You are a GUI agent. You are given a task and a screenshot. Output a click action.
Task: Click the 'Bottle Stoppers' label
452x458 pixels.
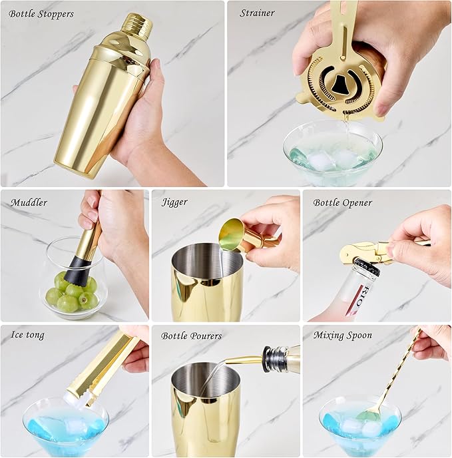click(x=42, y=13)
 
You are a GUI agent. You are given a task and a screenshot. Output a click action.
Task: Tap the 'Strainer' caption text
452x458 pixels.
click(x=258, y=13)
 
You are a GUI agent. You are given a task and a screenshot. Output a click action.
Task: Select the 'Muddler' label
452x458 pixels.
click(x=29, y=202)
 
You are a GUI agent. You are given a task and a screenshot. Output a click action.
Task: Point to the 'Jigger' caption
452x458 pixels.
click(x=174, y=202)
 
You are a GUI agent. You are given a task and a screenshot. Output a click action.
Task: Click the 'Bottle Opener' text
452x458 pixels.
click(x=343, y=202)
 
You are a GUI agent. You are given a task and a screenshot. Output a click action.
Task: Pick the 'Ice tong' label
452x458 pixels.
click(x=28, y=335)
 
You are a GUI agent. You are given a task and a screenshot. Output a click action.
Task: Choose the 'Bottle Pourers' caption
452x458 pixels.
click(x=192, y=336)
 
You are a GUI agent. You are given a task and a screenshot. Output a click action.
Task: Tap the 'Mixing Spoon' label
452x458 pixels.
click(x=343, y=335)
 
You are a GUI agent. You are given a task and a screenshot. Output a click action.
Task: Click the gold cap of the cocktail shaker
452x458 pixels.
click(x=138, y=25)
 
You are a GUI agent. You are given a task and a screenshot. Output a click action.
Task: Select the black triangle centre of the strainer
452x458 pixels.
click(x=339, y=84)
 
